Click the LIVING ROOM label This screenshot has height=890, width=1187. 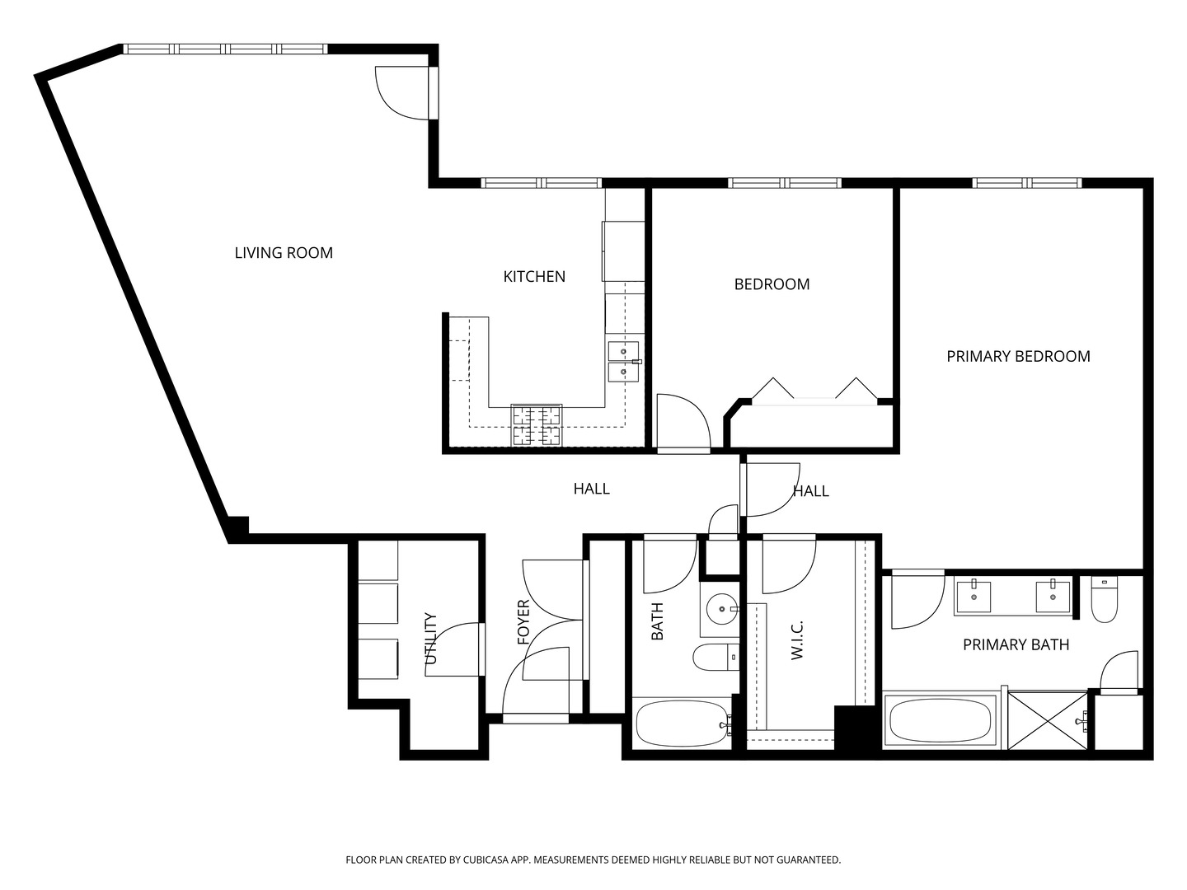click(x=284, y=253)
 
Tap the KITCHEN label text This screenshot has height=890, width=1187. click(x=534, y=277)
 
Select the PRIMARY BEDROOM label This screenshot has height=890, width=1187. click(x=1018, y=357)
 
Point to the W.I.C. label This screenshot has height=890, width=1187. click(x=796, y=639)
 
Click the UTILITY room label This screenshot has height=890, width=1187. click(x=430, y=639)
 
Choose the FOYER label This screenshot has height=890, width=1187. click(x=523, y=622)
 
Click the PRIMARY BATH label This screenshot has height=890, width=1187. click(x=1016, y=645)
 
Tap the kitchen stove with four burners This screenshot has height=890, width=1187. click(x=536, y=425)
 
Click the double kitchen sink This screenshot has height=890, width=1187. click(x=623, y=362)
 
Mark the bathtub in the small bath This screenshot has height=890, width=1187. click(x=682, y=724)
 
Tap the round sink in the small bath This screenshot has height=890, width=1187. click(x=721, y=610)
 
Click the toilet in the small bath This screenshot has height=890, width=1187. click(x=714, y=658)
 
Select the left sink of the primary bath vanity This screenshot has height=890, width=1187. click(x=974, y=596)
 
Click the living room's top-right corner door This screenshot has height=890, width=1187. click(x=401, y=92)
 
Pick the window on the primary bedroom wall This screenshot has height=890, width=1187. click(x=1026, y=183)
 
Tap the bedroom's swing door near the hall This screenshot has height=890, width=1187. click(x=683, y=423)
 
